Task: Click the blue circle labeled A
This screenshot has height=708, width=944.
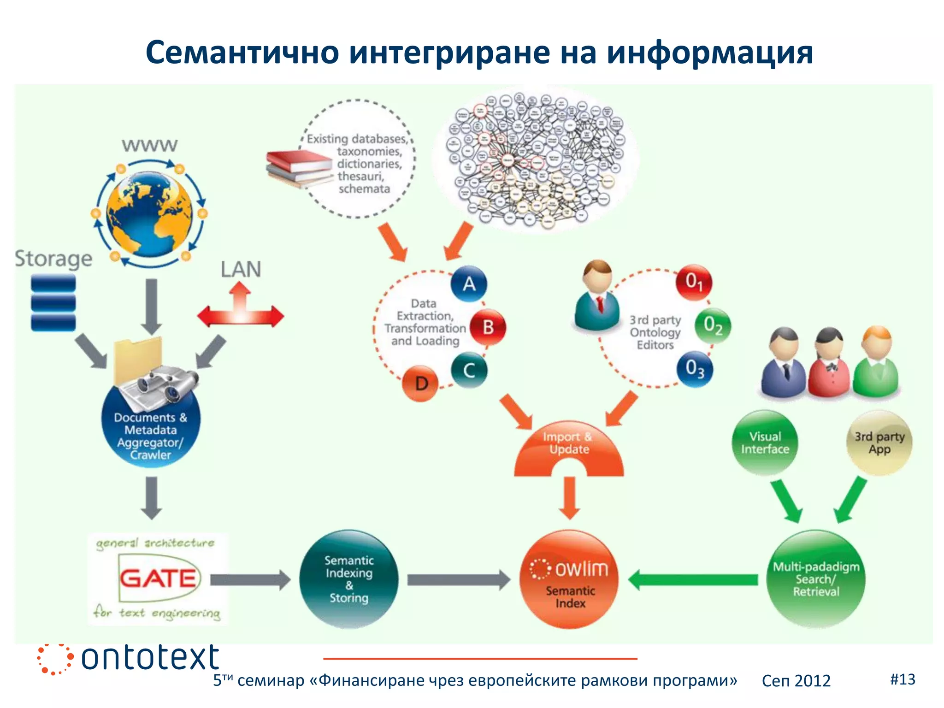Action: [469, 283]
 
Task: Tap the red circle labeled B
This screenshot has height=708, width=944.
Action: [488, 327]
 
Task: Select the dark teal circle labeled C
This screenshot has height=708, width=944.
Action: [469, 370]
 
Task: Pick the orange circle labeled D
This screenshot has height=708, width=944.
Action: [420, 383]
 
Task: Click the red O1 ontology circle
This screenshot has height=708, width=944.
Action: [694, 282]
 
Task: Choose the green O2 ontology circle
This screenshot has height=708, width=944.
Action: [713, 325]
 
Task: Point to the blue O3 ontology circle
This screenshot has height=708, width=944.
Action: [695, 369]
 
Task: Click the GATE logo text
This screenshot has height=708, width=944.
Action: [158, 578]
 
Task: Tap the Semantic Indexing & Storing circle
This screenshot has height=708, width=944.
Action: [349, 579]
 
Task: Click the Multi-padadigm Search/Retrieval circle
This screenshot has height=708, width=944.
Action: [816, 579]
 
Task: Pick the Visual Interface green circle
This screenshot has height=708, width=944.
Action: [765, 442]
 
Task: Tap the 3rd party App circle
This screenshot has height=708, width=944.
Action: [879, 442]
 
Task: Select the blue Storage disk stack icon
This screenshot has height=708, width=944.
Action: [53, 302]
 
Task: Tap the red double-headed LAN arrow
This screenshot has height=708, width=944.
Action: [240, 314]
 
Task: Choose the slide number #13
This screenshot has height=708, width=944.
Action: [903, 679]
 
